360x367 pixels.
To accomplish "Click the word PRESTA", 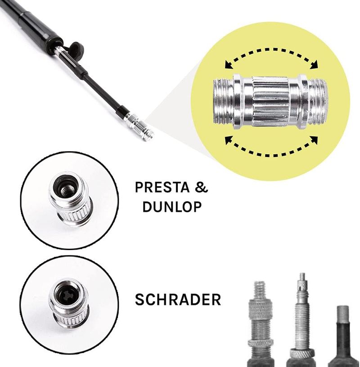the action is tap(162, 187).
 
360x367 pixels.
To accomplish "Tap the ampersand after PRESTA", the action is tap(202, 187).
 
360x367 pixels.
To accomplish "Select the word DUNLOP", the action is tap(172, 207).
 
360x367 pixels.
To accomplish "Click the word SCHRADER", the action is tap(178, 300).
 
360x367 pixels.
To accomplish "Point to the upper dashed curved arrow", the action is tap(271, 50).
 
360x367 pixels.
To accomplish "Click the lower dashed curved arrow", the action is tap(271, 154).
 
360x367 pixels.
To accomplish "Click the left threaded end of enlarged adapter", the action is tap(223, 101).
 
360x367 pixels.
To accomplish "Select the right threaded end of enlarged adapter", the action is tap(317, 101).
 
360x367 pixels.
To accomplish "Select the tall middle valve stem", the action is tap(302, 321).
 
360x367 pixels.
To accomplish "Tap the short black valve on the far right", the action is tap(343, 336).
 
